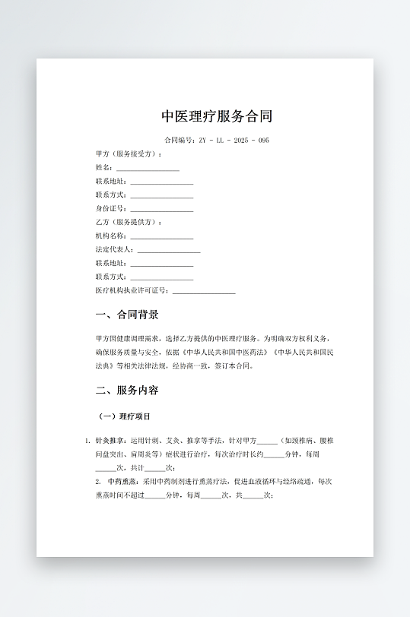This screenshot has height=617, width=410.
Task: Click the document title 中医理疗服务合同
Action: tap(217, 116)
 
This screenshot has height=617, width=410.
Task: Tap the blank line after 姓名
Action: tap(148, 168)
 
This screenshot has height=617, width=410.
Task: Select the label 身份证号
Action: tap(111, 208)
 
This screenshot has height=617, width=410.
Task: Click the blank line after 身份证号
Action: tap(162, 209)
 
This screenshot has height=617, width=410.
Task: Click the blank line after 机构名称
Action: tap(162, 236)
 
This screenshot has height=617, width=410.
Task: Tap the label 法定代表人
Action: tap(114, 249)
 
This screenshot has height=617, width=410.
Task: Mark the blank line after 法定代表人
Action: tap(169, 250)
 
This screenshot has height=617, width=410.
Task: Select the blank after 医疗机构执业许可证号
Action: tap(204, 291)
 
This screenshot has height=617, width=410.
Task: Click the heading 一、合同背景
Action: tap(127, 315)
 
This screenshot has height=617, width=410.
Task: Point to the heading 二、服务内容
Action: tap(127, 391)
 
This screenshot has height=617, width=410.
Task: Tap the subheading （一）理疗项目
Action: tap(125, 416)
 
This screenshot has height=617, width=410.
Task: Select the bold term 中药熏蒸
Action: tap(122, 482)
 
